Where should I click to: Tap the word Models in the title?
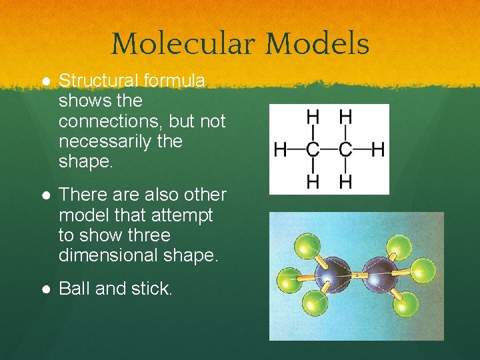tap(317, 44)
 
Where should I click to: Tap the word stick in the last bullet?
tap(155, 288)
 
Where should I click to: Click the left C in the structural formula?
tap(312, 149)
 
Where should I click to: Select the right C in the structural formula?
tap(345, 149)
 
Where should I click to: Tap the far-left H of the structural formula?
tap(280, 149)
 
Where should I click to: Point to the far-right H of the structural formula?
tap(378, 149)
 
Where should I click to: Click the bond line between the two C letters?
tap(329, 149)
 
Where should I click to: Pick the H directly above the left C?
tap(312, 117)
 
